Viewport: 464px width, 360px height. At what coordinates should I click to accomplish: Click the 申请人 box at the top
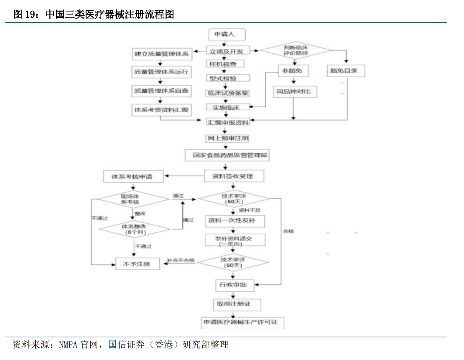pos(227,35)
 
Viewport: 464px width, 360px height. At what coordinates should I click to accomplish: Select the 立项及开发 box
pos(227,51)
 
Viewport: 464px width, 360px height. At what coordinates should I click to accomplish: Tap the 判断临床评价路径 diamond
pos(295,50)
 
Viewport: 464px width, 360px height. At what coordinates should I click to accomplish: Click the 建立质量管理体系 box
pos(161,54)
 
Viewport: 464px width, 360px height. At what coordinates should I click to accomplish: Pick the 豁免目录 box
pos(345,71)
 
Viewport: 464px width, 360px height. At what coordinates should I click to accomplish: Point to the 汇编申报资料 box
pos(228,122)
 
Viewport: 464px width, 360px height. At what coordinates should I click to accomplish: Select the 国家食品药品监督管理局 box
pos(227,155)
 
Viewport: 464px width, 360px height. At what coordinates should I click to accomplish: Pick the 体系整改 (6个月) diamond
pos(134,229)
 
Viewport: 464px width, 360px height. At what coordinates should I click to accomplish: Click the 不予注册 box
pos(137,264)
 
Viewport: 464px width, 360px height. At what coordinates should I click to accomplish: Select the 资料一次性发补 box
pos(234,220)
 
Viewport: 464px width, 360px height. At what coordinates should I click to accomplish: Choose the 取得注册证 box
pos(236,304)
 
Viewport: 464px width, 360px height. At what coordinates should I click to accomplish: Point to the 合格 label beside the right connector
pos(288,231)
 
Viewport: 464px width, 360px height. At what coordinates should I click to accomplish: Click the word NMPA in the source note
pos(68,345)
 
